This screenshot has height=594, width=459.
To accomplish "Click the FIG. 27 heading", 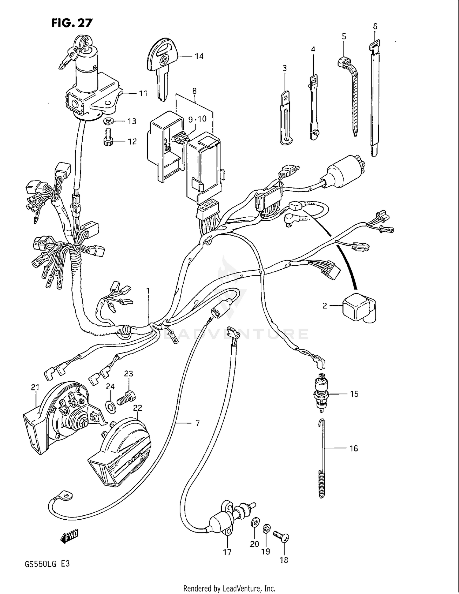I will pos(72,23).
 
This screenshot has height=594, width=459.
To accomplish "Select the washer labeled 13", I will pos(108,121).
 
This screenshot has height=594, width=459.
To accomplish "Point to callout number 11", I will pos(143,93).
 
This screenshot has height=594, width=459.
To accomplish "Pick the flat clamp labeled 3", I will pos(285,119).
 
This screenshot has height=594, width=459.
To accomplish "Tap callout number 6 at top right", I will pos(375,27).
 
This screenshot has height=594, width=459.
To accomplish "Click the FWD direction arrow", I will pos(70,537).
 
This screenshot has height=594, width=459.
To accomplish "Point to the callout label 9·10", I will pos(197,119).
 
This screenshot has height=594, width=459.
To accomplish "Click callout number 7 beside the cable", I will pos(198,424).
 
